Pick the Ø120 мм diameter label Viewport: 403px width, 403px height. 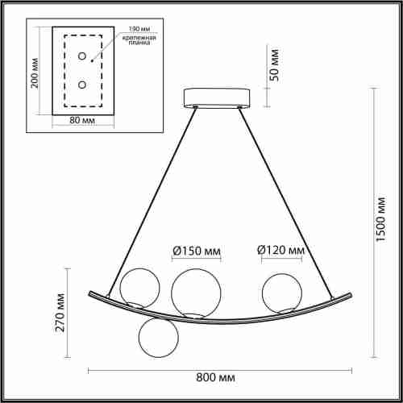tap(280, 251)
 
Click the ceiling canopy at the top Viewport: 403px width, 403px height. tap(216, 98)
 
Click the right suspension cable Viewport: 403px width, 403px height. tap(286, 193)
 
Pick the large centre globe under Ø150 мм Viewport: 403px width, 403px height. tap(192, 291)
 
